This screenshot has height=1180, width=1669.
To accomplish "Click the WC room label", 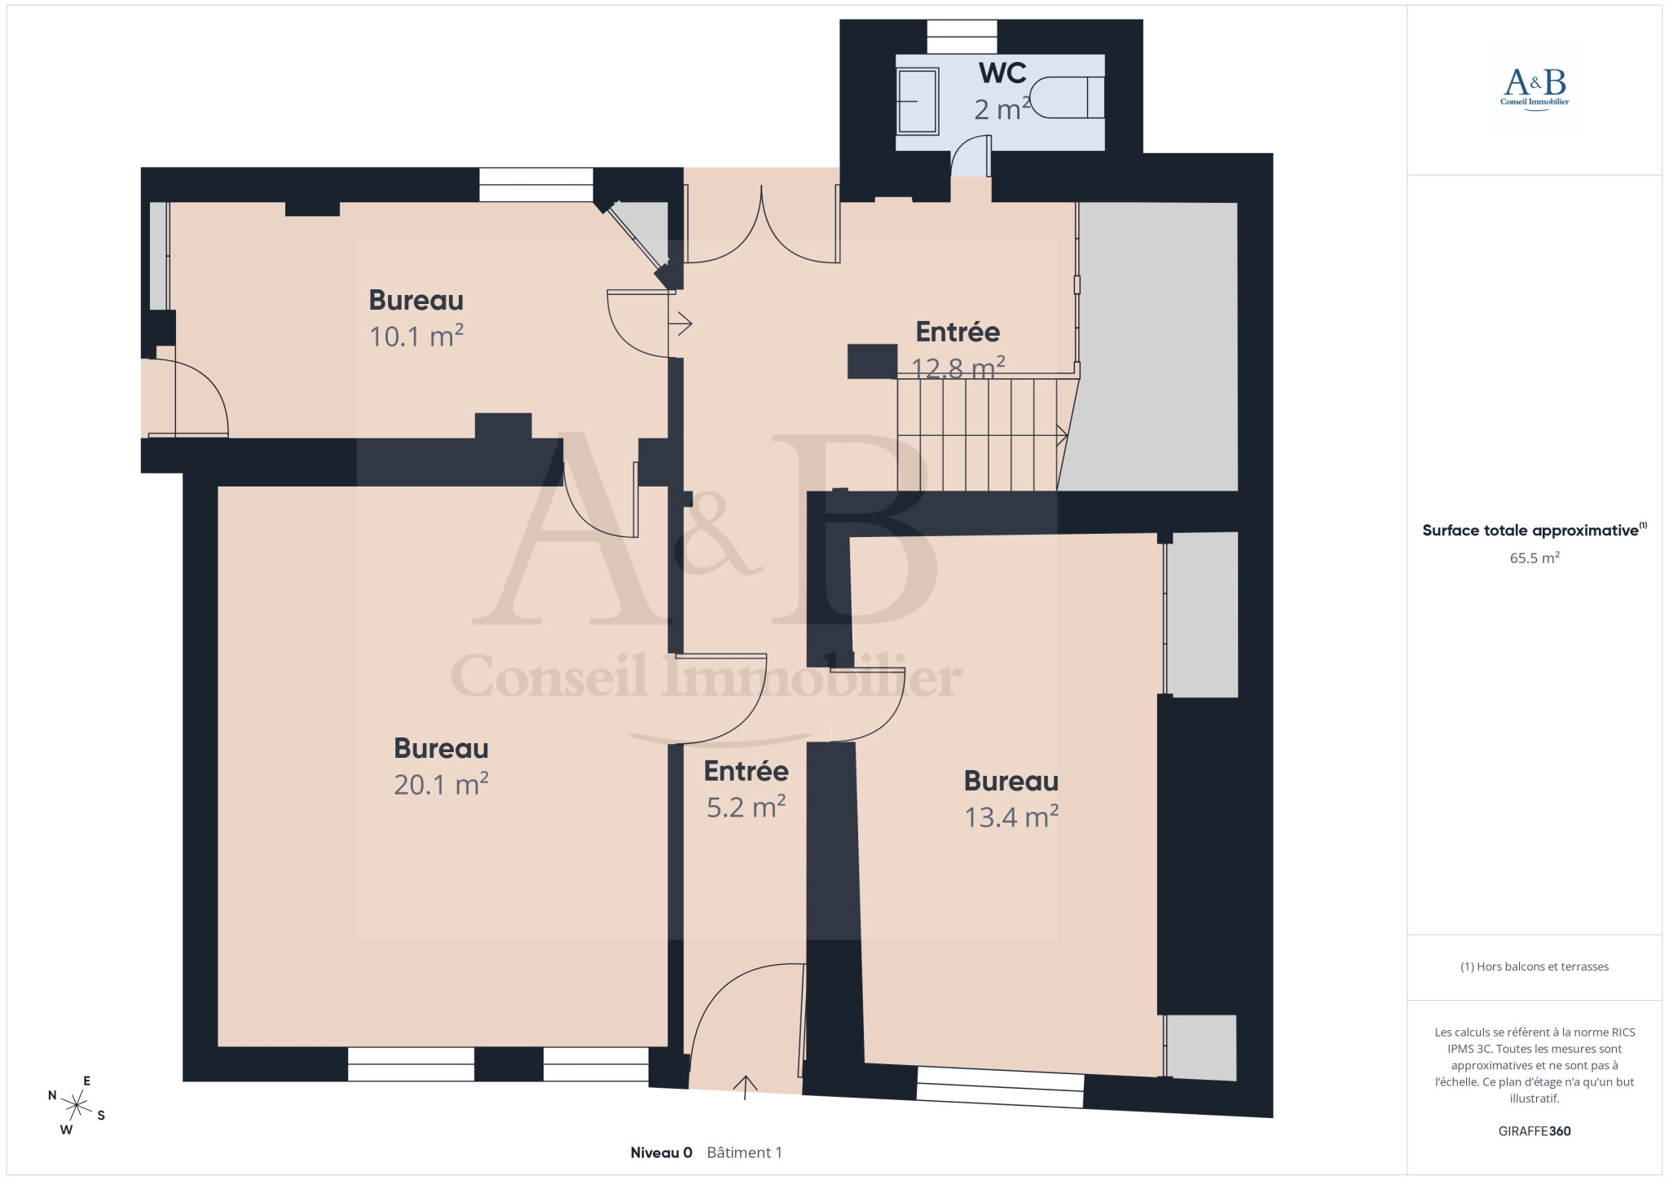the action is point(1002,73).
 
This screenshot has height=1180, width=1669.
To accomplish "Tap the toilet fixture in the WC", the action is point(1068,98).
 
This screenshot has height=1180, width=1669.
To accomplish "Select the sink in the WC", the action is point(918,101).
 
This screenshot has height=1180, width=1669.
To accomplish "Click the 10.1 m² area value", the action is point(416,336).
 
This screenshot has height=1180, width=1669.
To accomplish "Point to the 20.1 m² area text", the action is point(441,784).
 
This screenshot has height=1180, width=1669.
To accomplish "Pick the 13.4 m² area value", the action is point(1011,817).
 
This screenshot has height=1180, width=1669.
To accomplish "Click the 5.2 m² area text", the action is point(746,807).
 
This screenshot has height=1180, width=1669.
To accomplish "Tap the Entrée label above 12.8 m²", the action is point(958,332).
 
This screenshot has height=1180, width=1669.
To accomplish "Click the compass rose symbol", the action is point(77,1106).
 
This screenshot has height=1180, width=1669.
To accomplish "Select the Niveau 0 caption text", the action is point(661,1152).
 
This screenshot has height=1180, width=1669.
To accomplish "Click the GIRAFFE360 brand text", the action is point(1535,1131).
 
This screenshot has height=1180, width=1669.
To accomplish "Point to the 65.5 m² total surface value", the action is point(1535,558).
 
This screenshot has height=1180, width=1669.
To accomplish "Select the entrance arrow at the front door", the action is point(745,1087).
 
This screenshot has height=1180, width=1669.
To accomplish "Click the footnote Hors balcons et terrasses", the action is point(1535,966).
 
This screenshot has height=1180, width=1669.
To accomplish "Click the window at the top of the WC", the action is point(962,37).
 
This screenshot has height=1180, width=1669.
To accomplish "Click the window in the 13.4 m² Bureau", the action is point(1001,1087).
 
